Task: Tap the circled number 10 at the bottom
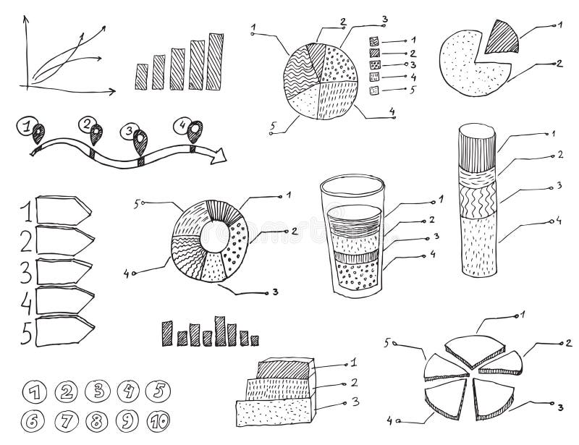point(158,420)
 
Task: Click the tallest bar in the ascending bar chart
point(215,62)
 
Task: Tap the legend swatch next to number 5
point(374,90)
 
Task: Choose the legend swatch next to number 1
point(374,41)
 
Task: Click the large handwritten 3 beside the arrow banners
point(25,273)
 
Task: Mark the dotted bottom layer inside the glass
point(356,276)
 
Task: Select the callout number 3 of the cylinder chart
point(559,186)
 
